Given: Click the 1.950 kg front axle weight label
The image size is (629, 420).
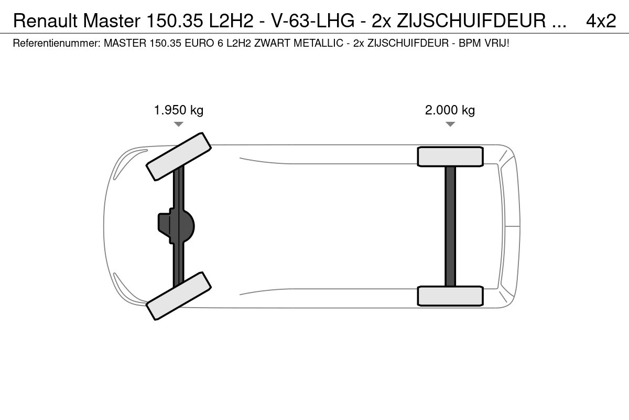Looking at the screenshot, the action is [179, 110].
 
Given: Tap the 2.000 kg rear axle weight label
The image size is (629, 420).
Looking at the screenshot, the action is [450, 110].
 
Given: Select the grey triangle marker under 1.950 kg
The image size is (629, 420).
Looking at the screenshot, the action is [179, 124].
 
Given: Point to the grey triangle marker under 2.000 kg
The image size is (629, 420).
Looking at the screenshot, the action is [450, 124].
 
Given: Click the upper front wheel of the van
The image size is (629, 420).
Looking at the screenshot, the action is [179, 156].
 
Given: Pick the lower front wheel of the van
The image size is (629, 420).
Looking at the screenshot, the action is [179, 296].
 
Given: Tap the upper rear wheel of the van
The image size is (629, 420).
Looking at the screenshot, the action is [450, 156].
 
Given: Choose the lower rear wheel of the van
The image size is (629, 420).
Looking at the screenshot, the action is [450, 296].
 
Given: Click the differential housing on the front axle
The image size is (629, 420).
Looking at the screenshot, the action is [176, 226].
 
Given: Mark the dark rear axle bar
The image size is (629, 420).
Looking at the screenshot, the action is [450, 226].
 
